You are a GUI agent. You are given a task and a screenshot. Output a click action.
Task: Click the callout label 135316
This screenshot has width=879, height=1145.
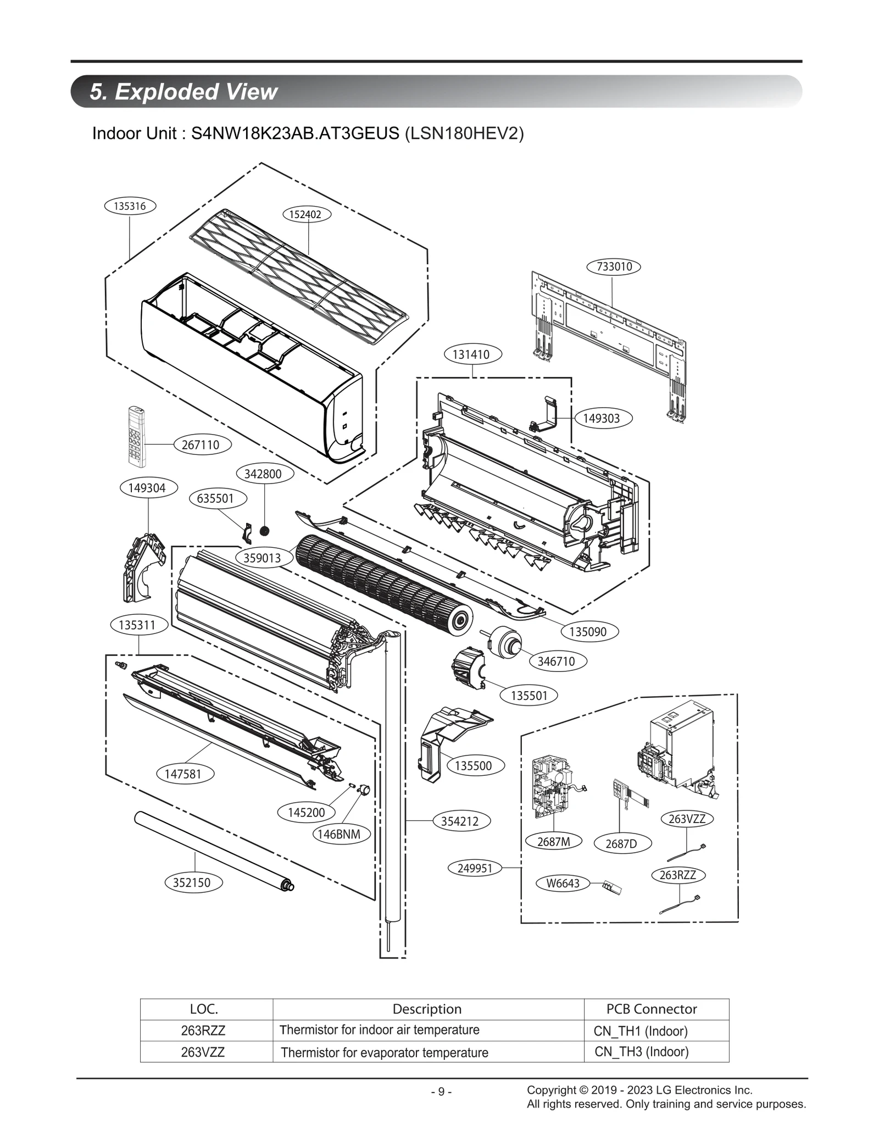pos(130,206)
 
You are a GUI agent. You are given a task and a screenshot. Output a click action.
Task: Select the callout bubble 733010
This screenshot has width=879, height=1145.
pos(614,266)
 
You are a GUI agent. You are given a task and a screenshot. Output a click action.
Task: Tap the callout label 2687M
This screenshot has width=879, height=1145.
pos(553,841)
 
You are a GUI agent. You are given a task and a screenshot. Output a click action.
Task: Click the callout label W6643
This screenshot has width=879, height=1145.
pos(563,883)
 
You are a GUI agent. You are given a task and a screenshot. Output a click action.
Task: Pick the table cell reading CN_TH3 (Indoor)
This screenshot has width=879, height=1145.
pos(641,1052)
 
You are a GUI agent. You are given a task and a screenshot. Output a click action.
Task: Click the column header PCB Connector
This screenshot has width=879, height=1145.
pos(652,1009)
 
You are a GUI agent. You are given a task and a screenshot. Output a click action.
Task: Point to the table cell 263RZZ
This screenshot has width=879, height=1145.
pos(203,1030)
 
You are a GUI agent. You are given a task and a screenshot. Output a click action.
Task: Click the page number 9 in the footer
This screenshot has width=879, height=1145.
pos(441,1092)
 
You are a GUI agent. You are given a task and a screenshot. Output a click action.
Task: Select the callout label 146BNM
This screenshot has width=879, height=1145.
pos(339,834)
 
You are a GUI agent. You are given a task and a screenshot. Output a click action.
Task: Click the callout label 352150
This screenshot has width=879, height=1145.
pos(192,882)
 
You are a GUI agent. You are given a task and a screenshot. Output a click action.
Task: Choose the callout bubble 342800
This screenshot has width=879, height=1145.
pos(263,474)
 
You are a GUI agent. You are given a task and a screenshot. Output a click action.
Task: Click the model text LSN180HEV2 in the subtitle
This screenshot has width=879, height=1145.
pos(464,134)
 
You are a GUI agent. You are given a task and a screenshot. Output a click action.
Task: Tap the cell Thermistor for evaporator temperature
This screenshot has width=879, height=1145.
pos(384,1053)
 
